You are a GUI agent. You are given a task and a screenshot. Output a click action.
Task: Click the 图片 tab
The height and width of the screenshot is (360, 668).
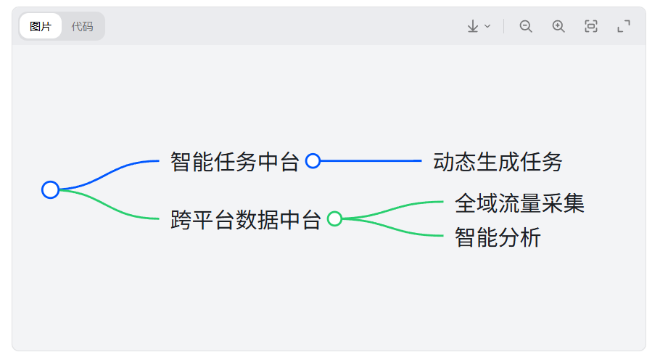(41, 27)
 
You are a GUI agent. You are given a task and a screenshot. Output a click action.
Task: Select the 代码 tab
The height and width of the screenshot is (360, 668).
(82, 27)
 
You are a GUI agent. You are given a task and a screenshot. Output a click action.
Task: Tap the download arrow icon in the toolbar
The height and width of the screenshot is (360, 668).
(473, 27)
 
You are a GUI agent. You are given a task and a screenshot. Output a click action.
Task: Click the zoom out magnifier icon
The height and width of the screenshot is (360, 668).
(526, 27)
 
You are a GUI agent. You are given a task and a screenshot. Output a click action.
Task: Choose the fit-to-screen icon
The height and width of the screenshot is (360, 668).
(591, 27)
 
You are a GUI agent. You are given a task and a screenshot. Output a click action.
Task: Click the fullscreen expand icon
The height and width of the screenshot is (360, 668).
(624, 27)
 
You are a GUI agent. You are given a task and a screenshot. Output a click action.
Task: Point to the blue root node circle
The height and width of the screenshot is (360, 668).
(50, 190)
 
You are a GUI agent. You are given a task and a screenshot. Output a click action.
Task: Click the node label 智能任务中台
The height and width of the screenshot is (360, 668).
(234, 161)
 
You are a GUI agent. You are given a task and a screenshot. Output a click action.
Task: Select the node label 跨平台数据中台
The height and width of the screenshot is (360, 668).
(245, 219)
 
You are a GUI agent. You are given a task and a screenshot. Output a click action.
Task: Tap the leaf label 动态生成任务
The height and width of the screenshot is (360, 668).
(498, 161)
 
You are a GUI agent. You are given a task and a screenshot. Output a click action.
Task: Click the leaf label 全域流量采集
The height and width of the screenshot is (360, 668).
(519, 203)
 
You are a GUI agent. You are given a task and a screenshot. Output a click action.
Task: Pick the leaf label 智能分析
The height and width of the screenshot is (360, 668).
(498, 237)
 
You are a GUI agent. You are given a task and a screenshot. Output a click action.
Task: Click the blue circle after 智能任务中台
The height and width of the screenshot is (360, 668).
(313, 161)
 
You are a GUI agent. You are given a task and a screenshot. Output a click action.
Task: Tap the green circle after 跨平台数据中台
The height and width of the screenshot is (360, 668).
(334, 219)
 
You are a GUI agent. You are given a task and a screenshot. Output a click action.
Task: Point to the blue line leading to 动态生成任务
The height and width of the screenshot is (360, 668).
(370, 161)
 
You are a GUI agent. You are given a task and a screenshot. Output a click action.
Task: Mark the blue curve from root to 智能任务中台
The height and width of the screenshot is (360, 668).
(109, 172)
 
